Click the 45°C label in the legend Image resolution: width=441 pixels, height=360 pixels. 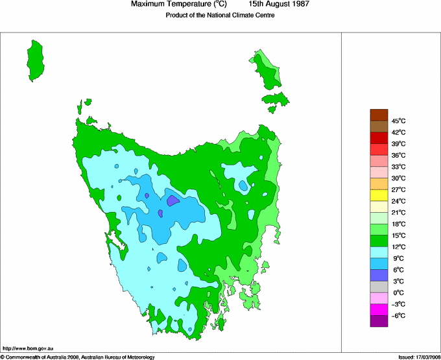click(398, 121)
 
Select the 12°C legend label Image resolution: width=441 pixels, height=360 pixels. click(398, 246)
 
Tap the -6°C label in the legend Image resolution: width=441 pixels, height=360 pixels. click(398, 315)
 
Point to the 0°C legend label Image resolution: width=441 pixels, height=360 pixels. click(398, 293)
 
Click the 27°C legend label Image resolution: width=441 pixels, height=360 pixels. click(398, 189)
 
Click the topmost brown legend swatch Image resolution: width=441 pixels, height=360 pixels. click(379, 115)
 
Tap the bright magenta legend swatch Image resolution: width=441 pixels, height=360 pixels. click(379, 309)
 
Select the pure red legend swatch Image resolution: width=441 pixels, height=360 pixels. click(379, 138)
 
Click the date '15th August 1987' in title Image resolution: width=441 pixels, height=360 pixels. click(279, 4)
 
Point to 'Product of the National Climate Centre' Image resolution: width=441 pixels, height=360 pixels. click(220, 15)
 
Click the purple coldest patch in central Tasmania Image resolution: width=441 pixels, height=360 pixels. click(173, 200)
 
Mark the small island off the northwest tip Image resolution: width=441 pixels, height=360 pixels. click(86, 102)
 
